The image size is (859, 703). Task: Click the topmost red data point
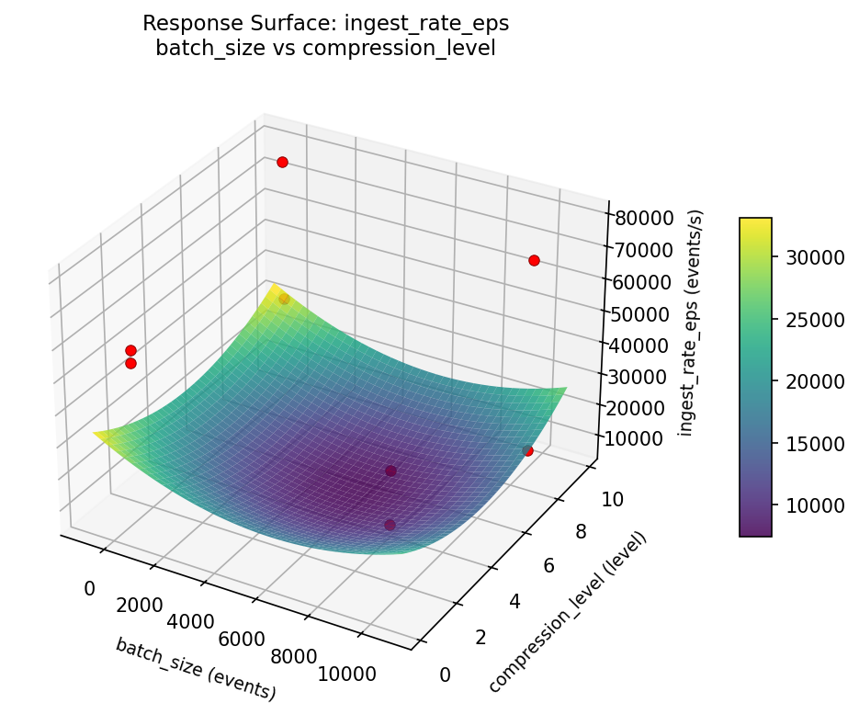pos(282,162)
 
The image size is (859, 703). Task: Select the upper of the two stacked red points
pos(130,350)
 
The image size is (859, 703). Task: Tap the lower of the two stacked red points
pos(130,363)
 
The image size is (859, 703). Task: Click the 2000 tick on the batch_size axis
pos(139,606)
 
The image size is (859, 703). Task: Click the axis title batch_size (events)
pos(196,669)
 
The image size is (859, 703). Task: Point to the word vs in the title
pos(285,48)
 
